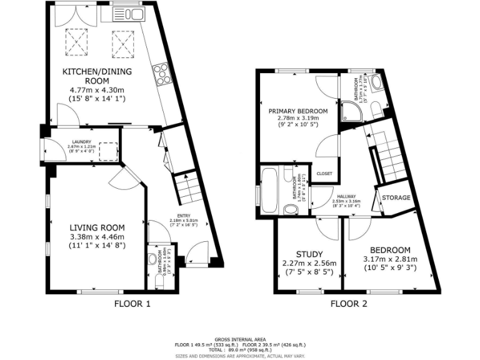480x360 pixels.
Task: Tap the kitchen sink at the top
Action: coord(127,14)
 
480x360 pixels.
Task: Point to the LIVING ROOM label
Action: coord(97,227)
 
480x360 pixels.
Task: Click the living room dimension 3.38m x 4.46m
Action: coord(97,237)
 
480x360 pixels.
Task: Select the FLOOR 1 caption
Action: coord(132,304)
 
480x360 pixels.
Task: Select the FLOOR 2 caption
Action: coord(348,304)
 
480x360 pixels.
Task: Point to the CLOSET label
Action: coord(324,174)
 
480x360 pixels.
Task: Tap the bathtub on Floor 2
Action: coord(270,190)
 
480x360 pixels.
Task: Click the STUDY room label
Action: coord(309,254)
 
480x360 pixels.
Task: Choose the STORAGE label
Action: coord(396,198)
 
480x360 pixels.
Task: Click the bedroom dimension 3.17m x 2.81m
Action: coord(389,259)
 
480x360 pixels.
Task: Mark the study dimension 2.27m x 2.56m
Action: coord(309,263)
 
